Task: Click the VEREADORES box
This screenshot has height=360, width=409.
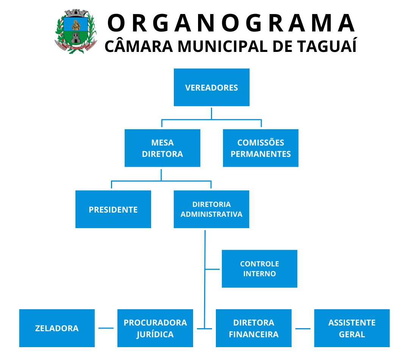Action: pyautogui.click(x=211, y=88)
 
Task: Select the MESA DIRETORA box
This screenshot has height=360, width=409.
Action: pyautogui.click(x=162, y=148)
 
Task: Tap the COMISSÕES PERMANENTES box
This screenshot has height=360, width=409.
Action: pyautogui.click(x=261, y=148)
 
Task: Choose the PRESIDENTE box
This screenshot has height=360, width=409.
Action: pyautogui.click(x=113, y=210)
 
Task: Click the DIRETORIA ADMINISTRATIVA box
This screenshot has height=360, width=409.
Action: pyautogui.click(x=211, y=210)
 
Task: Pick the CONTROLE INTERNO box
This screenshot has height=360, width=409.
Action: pyautogui.click(x=259, y=269)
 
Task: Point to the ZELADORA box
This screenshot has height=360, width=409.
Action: pyautogui.click(x=57, y=328)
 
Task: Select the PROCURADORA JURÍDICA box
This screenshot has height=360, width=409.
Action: pyautogui.click(x=155, y=328)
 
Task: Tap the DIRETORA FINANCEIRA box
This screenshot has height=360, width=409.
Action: pyautogui.click(x=254, y=328)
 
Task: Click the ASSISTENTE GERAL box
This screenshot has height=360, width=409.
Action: pyautogui.click(x=352, y=328)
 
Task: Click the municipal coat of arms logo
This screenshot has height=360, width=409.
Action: pyautogui.click(x=76, y=31)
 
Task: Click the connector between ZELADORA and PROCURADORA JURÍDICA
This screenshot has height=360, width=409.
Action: pyautogui.click(x=106, y=328)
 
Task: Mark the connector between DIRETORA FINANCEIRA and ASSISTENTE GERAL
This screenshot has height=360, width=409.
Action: pyautogui.click(x=303, y=329)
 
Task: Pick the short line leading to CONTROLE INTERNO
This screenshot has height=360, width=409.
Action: pyautogui.click(x=213, y=269)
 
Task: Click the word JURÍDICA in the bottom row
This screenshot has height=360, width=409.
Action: pyautogui.click(x=155, y=334)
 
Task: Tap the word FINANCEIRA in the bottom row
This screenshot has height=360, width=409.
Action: pyautogui.click(x=254, y=335)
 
